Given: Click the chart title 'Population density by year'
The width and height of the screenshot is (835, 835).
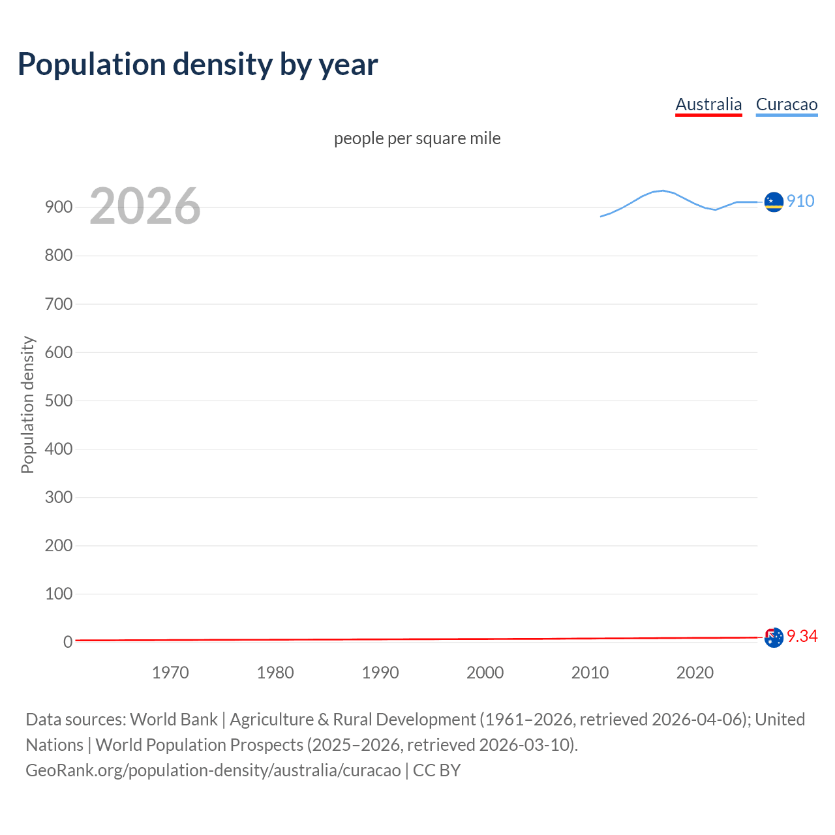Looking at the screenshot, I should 198,65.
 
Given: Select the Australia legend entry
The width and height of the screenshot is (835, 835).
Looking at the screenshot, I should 708,104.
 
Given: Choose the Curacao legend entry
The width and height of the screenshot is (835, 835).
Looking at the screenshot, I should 786,104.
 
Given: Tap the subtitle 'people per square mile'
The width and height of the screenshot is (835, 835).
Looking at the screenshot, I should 417,138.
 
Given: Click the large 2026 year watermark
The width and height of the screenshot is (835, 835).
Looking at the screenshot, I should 145,206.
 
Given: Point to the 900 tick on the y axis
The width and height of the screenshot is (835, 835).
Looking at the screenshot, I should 59,207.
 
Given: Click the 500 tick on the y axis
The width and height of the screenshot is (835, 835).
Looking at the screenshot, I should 59,401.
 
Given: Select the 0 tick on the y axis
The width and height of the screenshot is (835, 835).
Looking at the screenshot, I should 68,642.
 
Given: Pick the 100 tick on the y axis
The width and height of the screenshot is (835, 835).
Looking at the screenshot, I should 59,594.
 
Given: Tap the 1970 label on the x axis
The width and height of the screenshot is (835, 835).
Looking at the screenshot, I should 170,673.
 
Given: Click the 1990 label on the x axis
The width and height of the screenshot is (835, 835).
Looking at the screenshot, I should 380,673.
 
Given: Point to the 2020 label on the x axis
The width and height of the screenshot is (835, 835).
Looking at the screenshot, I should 695,673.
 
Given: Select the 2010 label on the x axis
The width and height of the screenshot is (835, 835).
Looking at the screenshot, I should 590,673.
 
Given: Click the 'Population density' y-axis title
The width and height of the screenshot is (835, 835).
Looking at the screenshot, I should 27,404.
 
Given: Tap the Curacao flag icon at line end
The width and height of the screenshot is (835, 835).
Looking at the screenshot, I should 774,202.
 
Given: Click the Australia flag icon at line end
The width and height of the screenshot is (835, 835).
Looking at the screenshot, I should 774,637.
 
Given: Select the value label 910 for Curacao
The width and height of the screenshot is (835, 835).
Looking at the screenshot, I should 800,201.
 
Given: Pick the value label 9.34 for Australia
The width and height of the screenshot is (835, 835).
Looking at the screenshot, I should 802,636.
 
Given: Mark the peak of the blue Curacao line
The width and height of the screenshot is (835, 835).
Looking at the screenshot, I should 663,190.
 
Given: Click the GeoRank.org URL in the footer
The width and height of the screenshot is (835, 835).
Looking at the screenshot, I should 213,770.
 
